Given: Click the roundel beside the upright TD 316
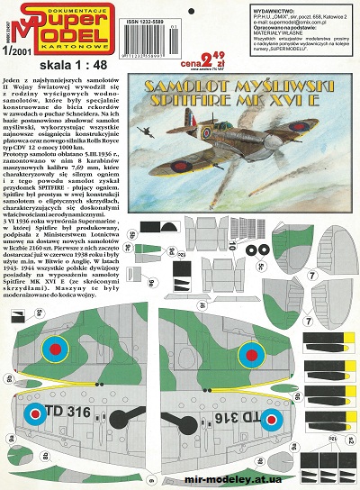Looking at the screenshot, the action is pos(34,414).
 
